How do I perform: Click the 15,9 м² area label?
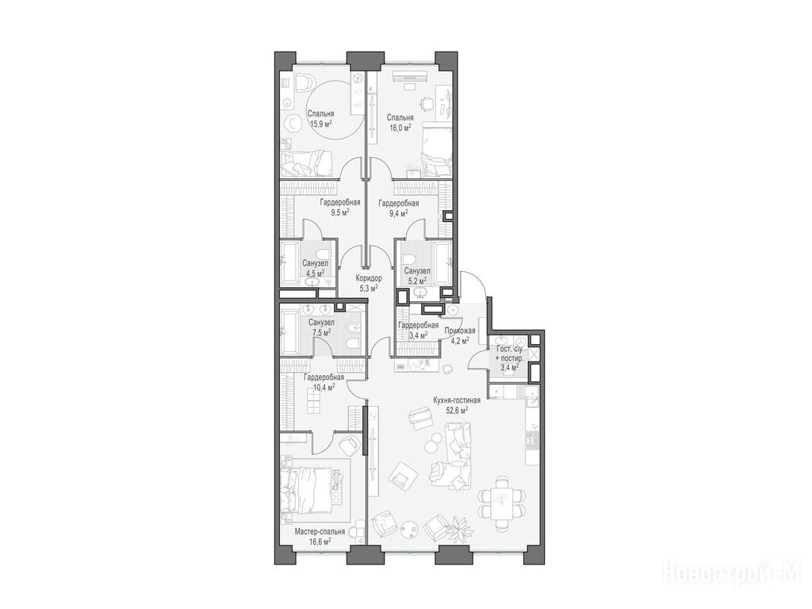pos(321,124)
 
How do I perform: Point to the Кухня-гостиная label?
pos(458,400)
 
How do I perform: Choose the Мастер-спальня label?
pos(320,532)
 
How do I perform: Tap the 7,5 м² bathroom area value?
pos(321,332)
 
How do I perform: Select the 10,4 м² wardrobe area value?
pos(324,387)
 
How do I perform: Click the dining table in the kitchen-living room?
pos(501,503)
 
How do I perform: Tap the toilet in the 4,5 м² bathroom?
pos(324,255)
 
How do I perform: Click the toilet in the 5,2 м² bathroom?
pos(409,259)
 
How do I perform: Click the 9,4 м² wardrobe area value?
pos(398,213)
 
